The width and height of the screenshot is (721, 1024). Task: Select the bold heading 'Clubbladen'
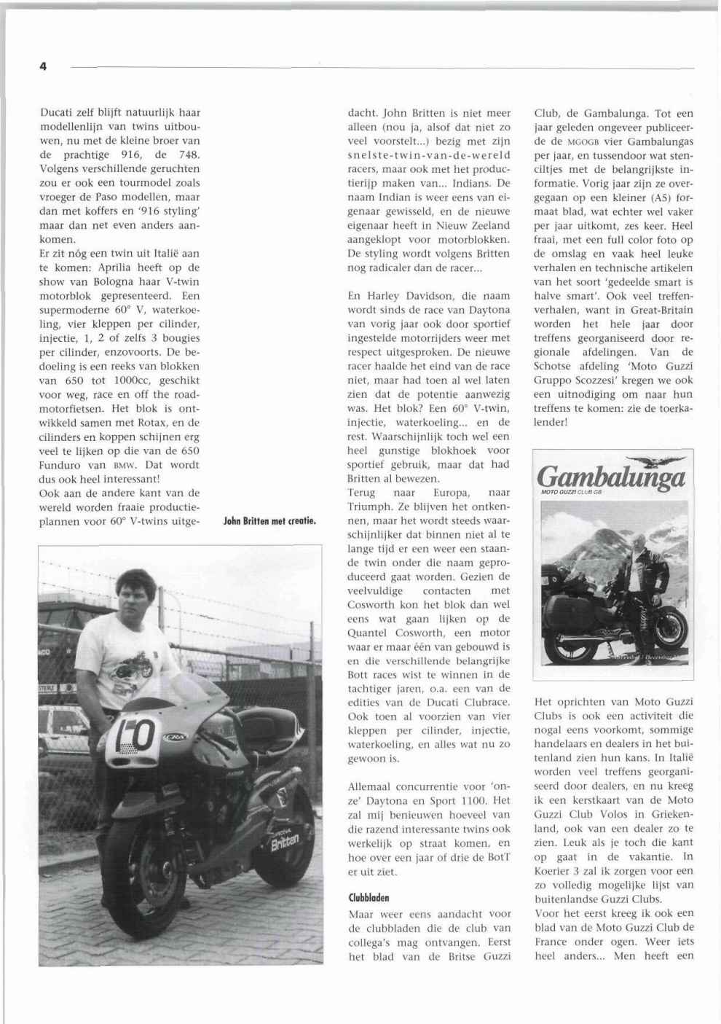point(369,898)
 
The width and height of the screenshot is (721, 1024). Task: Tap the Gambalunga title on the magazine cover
point(611,478)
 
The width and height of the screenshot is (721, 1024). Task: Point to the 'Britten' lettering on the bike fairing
point(285,843)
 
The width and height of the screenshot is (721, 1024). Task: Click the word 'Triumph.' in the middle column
point(369,507)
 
